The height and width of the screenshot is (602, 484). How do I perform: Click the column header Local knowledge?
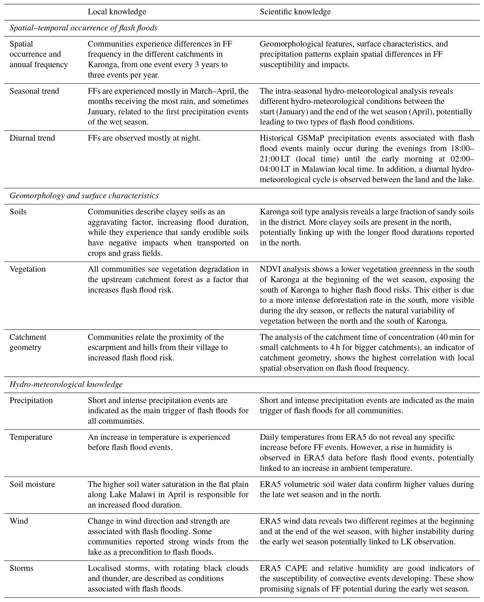pyautogui.click(x=117, y=12)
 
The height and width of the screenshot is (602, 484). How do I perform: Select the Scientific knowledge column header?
pyautogui.click(x=295, y=12)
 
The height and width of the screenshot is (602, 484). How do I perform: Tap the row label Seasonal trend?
pyautogui.click(x=34, y=91)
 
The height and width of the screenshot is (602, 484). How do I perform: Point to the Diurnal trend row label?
pyautogui.click(x=32, y=138)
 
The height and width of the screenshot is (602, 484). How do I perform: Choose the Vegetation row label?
pyautogui.click(x=27, y=269)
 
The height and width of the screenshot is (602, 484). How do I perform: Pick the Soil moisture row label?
pyautogui.click(x=32, y=484)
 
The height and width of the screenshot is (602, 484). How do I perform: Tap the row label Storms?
pyautogui.click(x=21, y=568)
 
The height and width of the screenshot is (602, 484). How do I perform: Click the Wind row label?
pyautogui.click(x=19, y=521)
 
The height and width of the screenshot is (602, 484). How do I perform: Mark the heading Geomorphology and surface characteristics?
pyautogui.click(x=84, y=196)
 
